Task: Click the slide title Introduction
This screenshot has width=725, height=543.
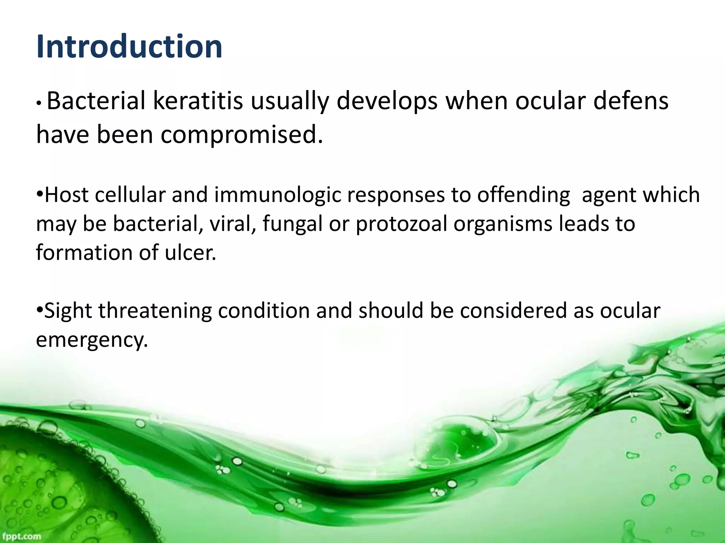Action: pos(129,47)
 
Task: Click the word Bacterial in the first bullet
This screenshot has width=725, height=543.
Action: pos(96,101)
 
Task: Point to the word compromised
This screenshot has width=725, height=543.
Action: pos(242,135)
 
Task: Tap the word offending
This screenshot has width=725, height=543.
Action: pos(524,195)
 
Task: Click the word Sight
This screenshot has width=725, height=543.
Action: pos(68,311)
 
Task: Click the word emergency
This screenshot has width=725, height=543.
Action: pos(91,340)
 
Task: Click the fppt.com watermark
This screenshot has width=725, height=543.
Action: pos(21,537)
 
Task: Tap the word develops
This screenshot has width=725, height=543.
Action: pos(387,101)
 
